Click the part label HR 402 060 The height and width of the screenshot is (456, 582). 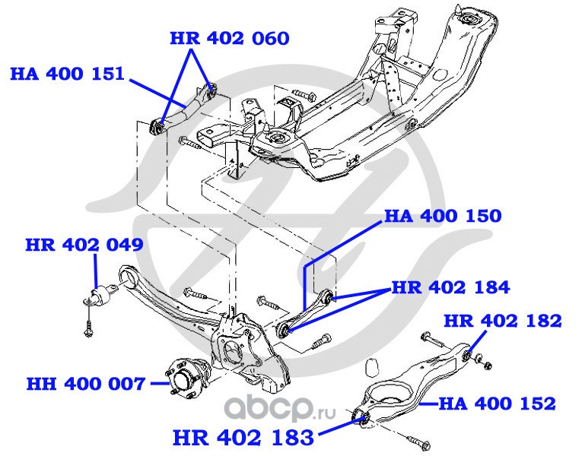pos(229,37)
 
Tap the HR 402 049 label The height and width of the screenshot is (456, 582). pos(84,245)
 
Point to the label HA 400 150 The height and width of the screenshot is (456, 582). pos(443,217)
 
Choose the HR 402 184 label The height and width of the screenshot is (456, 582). pos(450,287)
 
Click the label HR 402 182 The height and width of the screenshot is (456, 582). pos(502,320)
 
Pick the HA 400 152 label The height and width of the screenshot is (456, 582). pos(498,404)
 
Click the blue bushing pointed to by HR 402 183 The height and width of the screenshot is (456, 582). pos(363,415)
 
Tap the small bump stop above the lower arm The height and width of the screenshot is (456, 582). pos(372,370)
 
